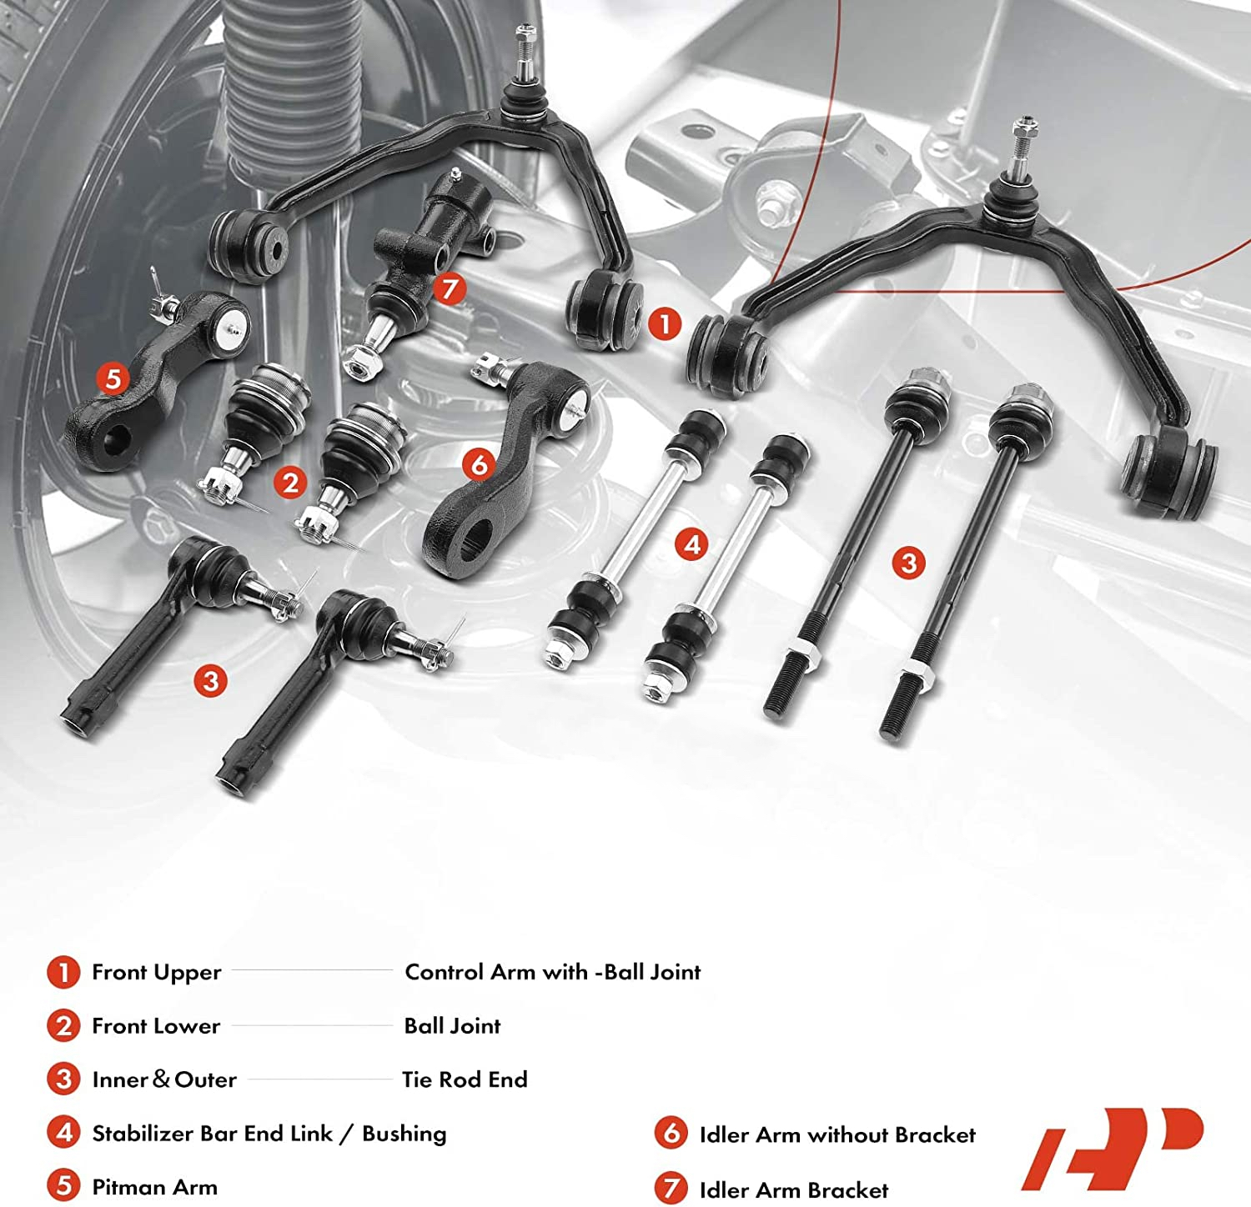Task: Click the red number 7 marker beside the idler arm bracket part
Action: pos(450,289)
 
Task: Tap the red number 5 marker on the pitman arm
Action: pos(113,378)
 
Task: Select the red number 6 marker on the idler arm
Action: pos(480,464)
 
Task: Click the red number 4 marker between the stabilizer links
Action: pos(692,545)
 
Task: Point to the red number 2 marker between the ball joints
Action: pos(290,483)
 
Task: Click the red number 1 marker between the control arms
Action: pos(665,323)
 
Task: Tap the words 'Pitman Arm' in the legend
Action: pos(154,1187)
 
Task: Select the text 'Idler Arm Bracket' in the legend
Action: pos(793,1189)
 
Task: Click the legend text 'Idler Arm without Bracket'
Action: pos(837,1134)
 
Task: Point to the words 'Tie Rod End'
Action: pos(465,1079)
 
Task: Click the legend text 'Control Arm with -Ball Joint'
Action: pos(552,972)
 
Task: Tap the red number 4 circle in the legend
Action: pos(63,1134)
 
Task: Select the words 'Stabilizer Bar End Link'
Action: pos(212,1134)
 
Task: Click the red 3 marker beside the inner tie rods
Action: pos(909,563)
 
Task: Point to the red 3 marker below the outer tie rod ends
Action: pos(210,681)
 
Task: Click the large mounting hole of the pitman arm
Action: pos(117,437)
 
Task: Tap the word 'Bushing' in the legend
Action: pos(404,1134)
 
